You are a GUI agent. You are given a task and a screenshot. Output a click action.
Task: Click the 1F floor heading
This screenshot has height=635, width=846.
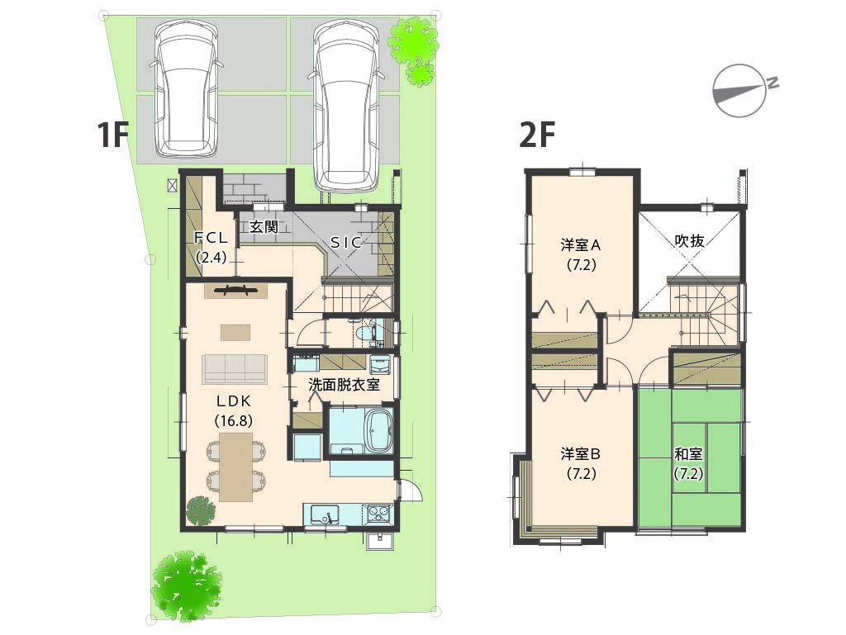112,135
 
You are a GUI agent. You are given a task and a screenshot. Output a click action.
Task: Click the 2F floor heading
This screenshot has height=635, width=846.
537,135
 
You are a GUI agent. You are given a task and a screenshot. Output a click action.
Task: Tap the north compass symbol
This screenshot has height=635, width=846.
742,90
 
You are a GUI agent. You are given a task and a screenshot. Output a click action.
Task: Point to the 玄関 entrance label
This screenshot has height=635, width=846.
264,227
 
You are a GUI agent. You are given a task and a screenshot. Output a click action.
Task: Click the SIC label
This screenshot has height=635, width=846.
346,243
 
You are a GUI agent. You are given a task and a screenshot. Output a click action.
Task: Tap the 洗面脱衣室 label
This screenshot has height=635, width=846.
344,384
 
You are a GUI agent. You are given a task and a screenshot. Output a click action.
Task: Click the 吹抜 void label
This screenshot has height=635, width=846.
690,240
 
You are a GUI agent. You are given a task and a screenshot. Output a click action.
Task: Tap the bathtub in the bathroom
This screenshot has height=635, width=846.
378,430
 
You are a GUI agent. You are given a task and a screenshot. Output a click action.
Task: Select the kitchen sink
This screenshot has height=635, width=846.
324,514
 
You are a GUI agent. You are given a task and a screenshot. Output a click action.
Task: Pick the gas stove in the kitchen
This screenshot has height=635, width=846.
380,514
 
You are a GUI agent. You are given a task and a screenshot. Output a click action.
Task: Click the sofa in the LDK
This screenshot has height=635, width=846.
235,369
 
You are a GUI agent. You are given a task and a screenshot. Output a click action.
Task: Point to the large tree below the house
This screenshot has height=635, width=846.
186,586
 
